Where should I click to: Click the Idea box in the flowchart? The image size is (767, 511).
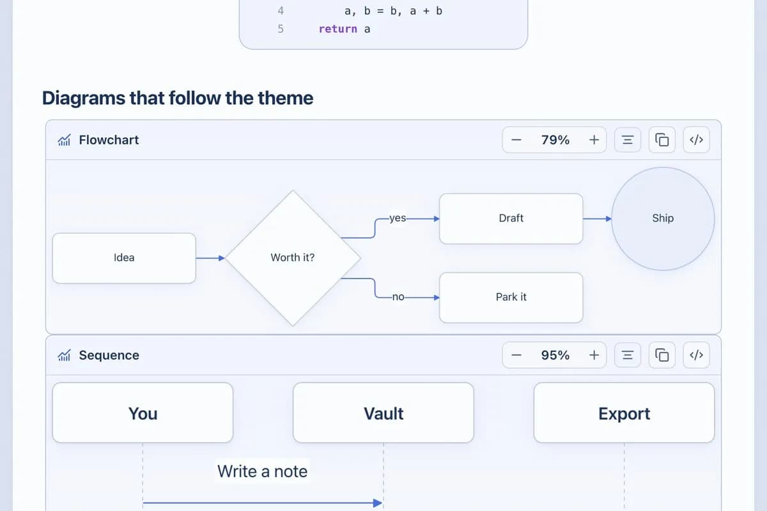[124, 258]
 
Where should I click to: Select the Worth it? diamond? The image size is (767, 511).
[293, 258]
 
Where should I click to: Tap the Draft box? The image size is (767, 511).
[511, 218]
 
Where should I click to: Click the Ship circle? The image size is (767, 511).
[663, 218]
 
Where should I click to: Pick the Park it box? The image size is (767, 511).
[511, 298]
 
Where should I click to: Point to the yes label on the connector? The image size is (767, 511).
[398, 218]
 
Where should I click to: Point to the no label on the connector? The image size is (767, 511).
[398, 297]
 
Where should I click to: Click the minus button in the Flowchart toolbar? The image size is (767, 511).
[516, 140]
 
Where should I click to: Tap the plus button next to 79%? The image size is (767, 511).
[594, 140]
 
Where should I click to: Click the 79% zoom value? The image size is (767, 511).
[555, 140]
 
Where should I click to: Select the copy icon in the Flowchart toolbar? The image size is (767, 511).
[662, 140]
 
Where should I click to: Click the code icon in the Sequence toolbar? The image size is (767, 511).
[696, 355]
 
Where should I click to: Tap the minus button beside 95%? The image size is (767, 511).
[516, 355]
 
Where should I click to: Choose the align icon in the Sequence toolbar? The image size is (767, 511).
[627, 355]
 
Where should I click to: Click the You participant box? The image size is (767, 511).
[143, 413]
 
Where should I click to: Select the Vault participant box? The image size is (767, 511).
[383, 413]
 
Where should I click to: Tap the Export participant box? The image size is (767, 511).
[624, 413]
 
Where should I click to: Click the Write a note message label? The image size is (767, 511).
[262, 471]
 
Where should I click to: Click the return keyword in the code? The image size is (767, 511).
[338, 29]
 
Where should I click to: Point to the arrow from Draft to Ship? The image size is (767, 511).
[597, 218]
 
